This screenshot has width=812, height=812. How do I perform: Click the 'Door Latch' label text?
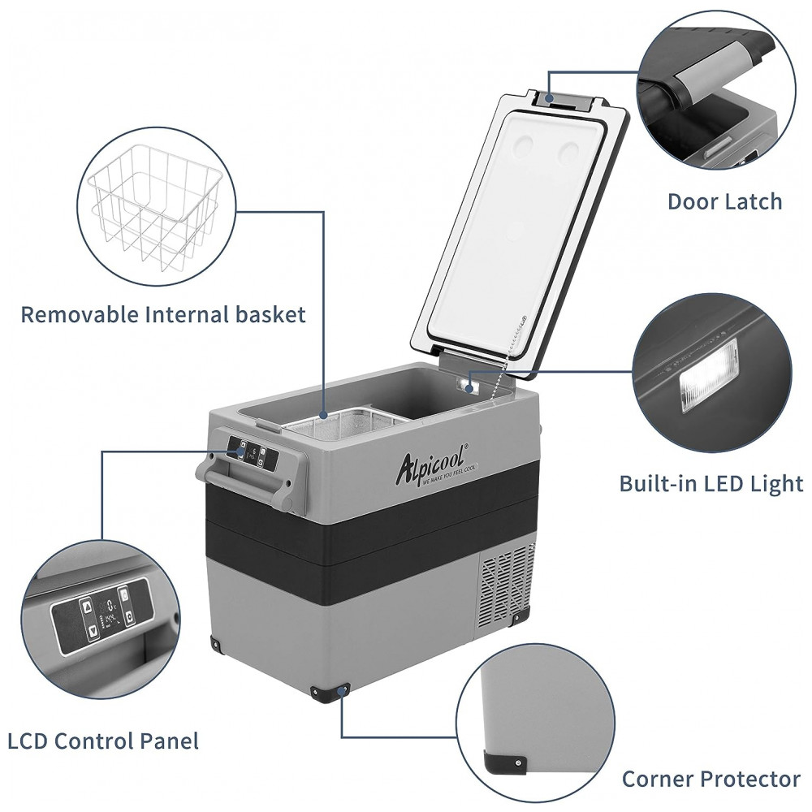tap(724, 202)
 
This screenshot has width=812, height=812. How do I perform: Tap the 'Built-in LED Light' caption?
tap(711, 484)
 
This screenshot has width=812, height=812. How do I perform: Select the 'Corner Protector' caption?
tap(711, 779)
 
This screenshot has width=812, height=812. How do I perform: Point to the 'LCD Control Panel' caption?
tap(103, 741)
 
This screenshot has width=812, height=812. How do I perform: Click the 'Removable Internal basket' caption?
tap(163, 315)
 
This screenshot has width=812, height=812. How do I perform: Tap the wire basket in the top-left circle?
tap(156, 207)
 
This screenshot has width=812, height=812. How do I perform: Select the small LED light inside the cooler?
tap(469, 387)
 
